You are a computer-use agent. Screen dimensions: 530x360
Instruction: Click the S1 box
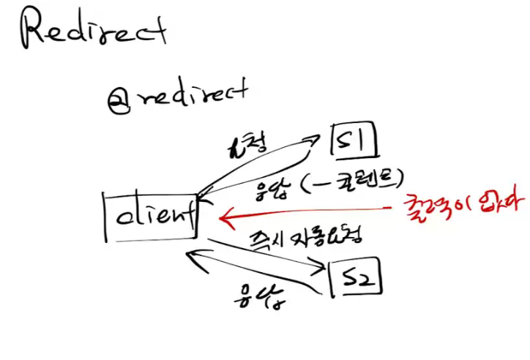coord(355,140)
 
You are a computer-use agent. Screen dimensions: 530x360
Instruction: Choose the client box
coord(151,216)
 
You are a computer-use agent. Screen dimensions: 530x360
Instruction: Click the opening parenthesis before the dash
coord(288,185)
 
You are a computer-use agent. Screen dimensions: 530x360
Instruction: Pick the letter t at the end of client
coord(190,214)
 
